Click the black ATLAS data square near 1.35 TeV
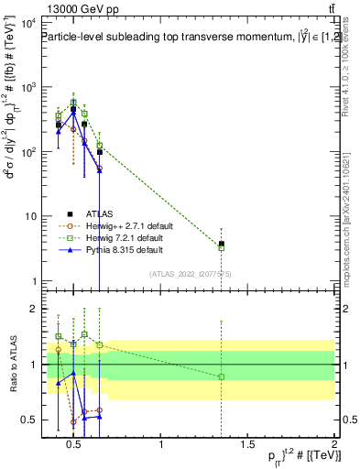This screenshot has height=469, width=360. coord(221,244)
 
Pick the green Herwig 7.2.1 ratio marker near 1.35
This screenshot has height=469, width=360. coord(221,376)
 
